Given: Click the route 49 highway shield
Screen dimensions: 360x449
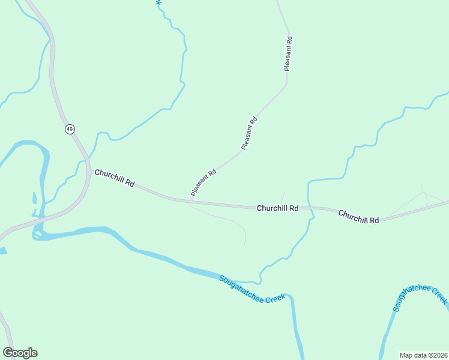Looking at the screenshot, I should tap(70, 129).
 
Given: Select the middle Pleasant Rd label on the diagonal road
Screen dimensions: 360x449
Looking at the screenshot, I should tap(249, 133).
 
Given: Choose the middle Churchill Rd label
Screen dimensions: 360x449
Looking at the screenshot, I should tap(277, 208).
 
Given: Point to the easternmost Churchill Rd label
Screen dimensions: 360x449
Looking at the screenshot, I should tap(358, 217).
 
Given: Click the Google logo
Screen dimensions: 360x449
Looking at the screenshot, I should tap(20, 353).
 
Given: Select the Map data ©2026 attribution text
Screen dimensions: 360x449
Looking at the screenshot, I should tap(423, 355).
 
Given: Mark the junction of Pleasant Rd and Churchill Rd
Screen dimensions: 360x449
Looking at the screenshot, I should tap(190, 200).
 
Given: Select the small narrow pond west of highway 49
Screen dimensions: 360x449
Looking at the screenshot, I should tap(34, 199).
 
